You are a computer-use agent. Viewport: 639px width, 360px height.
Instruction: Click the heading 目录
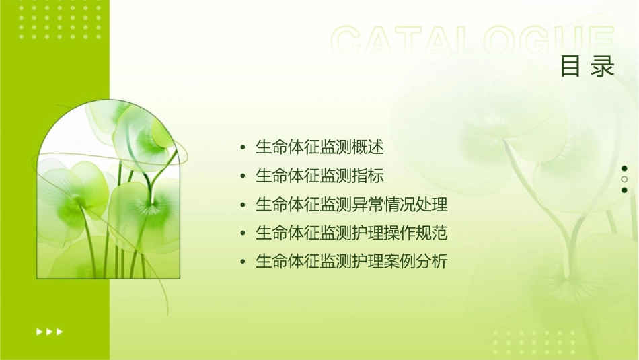pos(587,67)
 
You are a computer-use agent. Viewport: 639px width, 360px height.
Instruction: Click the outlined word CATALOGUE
pos(473,42)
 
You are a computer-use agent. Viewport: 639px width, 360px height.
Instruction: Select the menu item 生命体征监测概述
pos(319,147)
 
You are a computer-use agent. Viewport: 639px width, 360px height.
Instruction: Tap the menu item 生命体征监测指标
pos(319,176)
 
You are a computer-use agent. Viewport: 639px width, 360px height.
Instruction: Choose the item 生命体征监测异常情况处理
pos(351,205)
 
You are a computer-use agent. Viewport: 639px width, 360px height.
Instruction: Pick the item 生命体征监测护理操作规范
pos(351,233)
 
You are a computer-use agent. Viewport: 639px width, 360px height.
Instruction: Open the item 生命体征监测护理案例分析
pos(351,262)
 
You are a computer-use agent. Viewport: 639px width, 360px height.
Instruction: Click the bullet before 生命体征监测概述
pos(242,148)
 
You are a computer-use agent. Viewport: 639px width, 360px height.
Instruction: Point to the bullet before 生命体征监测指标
pos(242,177)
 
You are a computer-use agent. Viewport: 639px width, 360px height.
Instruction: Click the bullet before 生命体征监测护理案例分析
pos(242,262)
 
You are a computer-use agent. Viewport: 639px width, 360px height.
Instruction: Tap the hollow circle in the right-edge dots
pos(624,179)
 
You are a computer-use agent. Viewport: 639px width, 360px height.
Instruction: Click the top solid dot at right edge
pos(624,168)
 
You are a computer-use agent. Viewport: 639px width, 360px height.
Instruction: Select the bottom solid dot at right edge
pos(624,190)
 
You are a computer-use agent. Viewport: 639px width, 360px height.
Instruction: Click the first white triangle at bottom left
pos(39,331)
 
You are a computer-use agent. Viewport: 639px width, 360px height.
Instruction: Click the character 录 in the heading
pos(603,67)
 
